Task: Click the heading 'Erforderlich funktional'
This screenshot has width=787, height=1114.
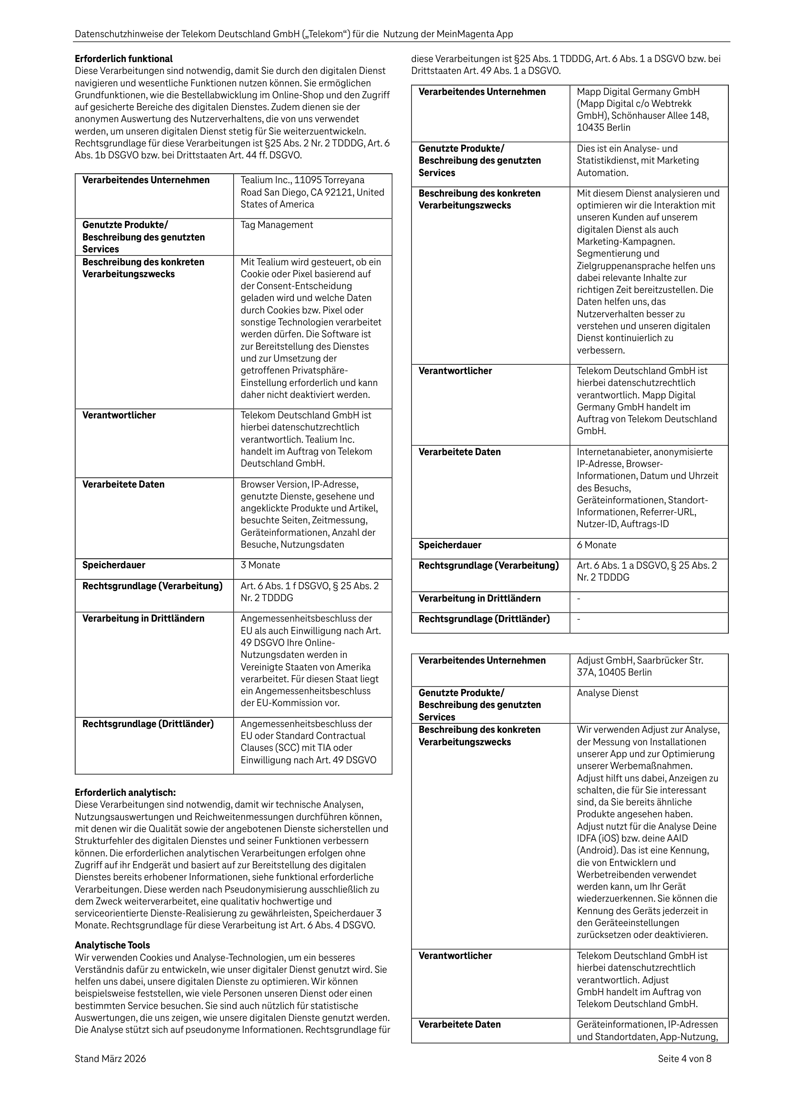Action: (123, 59)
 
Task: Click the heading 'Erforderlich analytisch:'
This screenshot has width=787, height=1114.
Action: (125, 792)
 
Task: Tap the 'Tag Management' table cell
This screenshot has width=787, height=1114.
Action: (277, 225)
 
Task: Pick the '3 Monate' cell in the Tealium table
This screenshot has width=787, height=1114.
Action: (260, 565)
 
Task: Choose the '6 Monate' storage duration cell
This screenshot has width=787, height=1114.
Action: (596, 545)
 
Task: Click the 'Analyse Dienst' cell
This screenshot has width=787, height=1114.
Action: (608, 693)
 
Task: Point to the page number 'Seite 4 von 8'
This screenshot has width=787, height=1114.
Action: (684, 1059)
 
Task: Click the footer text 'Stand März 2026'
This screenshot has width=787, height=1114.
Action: (110, 1059)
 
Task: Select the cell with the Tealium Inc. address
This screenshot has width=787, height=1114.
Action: (312, 192)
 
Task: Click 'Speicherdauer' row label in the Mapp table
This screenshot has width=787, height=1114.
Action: (450, 545)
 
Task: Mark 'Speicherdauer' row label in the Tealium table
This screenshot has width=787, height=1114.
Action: (114, 565)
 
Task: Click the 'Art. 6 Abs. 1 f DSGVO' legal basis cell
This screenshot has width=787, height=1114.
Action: (309, 592)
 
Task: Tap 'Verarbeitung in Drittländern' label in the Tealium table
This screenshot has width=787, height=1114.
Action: (143, 619)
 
